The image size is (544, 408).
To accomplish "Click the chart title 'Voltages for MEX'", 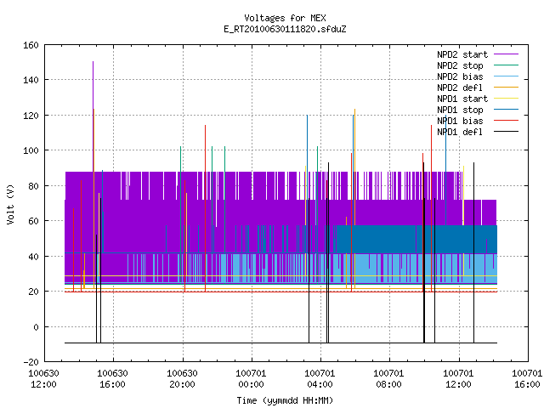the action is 285,18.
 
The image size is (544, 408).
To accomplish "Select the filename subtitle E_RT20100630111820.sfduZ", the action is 285,29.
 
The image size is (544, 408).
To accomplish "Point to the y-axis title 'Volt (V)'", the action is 11,204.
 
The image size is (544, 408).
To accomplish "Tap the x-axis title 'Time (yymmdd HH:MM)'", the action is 285,400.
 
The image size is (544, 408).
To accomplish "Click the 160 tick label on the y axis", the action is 31,45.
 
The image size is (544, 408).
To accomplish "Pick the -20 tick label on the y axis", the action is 31,362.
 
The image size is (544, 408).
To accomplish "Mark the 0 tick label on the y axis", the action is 36,327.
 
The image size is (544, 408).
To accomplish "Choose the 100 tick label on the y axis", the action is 31,150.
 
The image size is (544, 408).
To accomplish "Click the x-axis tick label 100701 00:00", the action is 251,379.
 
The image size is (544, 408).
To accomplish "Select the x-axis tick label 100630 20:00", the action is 182,379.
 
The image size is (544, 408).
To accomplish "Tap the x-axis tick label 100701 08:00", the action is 388,379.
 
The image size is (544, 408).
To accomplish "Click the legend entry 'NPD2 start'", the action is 462,54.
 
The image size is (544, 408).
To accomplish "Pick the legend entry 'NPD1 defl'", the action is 460,132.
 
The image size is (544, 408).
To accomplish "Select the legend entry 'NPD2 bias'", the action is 460,76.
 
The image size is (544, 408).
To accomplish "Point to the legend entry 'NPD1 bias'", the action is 460,121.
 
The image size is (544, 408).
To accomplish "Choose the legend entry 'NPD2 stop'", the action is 460,65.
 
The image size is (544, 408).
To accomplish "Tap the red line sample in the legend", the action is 507,121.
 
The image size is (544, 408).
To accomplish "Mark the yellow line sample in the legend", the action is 507,99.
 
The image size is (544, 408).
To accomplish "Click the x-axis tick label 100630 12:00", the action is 43,379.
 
